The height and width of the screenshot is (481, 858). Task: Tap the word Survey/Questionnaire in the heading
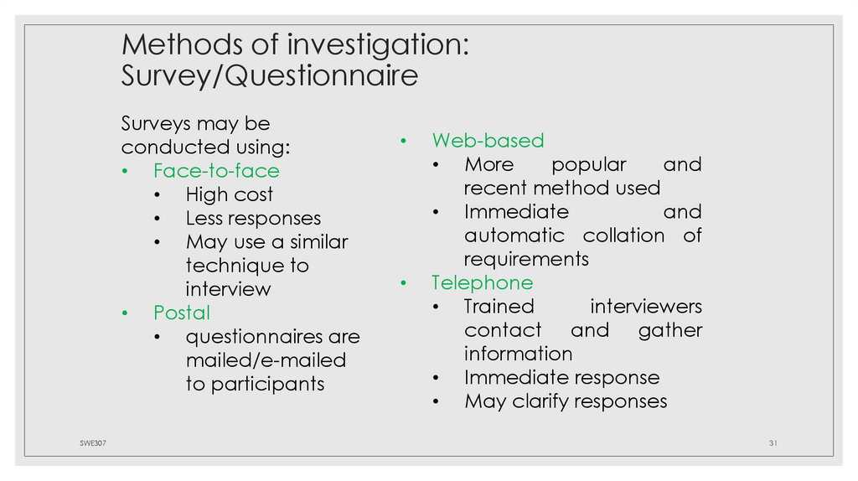pyautogui.click(x=269, y=76)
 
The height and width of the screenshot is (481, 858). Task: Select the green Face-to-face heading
pyautogui.click(x=216, y=171)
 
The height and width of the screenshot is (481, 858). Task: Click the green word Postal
pyautogui.click(x=182, y=313)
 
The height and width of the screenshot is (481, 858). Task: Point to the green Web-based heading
pyautogui.click(x=488, y=140)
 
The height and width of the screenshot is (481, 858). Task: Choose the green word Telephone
pyautogui.click(x=482, y=282)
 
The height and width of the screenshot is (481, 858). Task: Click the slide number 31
pyautogui.click(x=773, y=442)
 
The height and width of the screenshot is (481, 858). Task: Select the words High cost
pyautogui.click(x=230, y=194)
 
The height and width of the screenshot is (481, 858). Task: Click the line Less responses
pyautogui.click(x=253, y=218)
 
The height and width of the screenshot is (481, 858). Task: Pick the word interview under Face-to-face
pyautogui.click(x=228, y=289)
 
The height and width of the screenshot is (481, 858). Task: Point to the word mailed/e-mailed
pyautogui.click(x=266, y=360)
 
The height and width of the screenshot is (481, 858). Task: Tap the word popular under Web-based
pyautogui.click(x=588, y=164)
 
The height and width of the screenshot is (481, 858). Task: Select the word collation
pyautogui.click(x=623, y=235)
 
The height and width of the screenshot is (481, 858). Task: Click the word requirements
pyautogui.click(x=526, y=259)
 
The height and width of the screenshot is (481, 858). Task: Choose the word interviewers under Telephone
pyautogui.click(x=646, y=307)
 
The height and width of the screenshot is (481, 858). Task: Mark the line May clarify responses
pyautogui.click(x=566, y=401)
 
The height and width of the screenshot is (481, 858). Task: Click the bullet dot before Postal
pyautogui.click(x=125, y=313)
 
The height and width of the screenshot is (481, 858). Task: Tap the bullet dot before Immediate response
pyautogui.click(x=437, y=378)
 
